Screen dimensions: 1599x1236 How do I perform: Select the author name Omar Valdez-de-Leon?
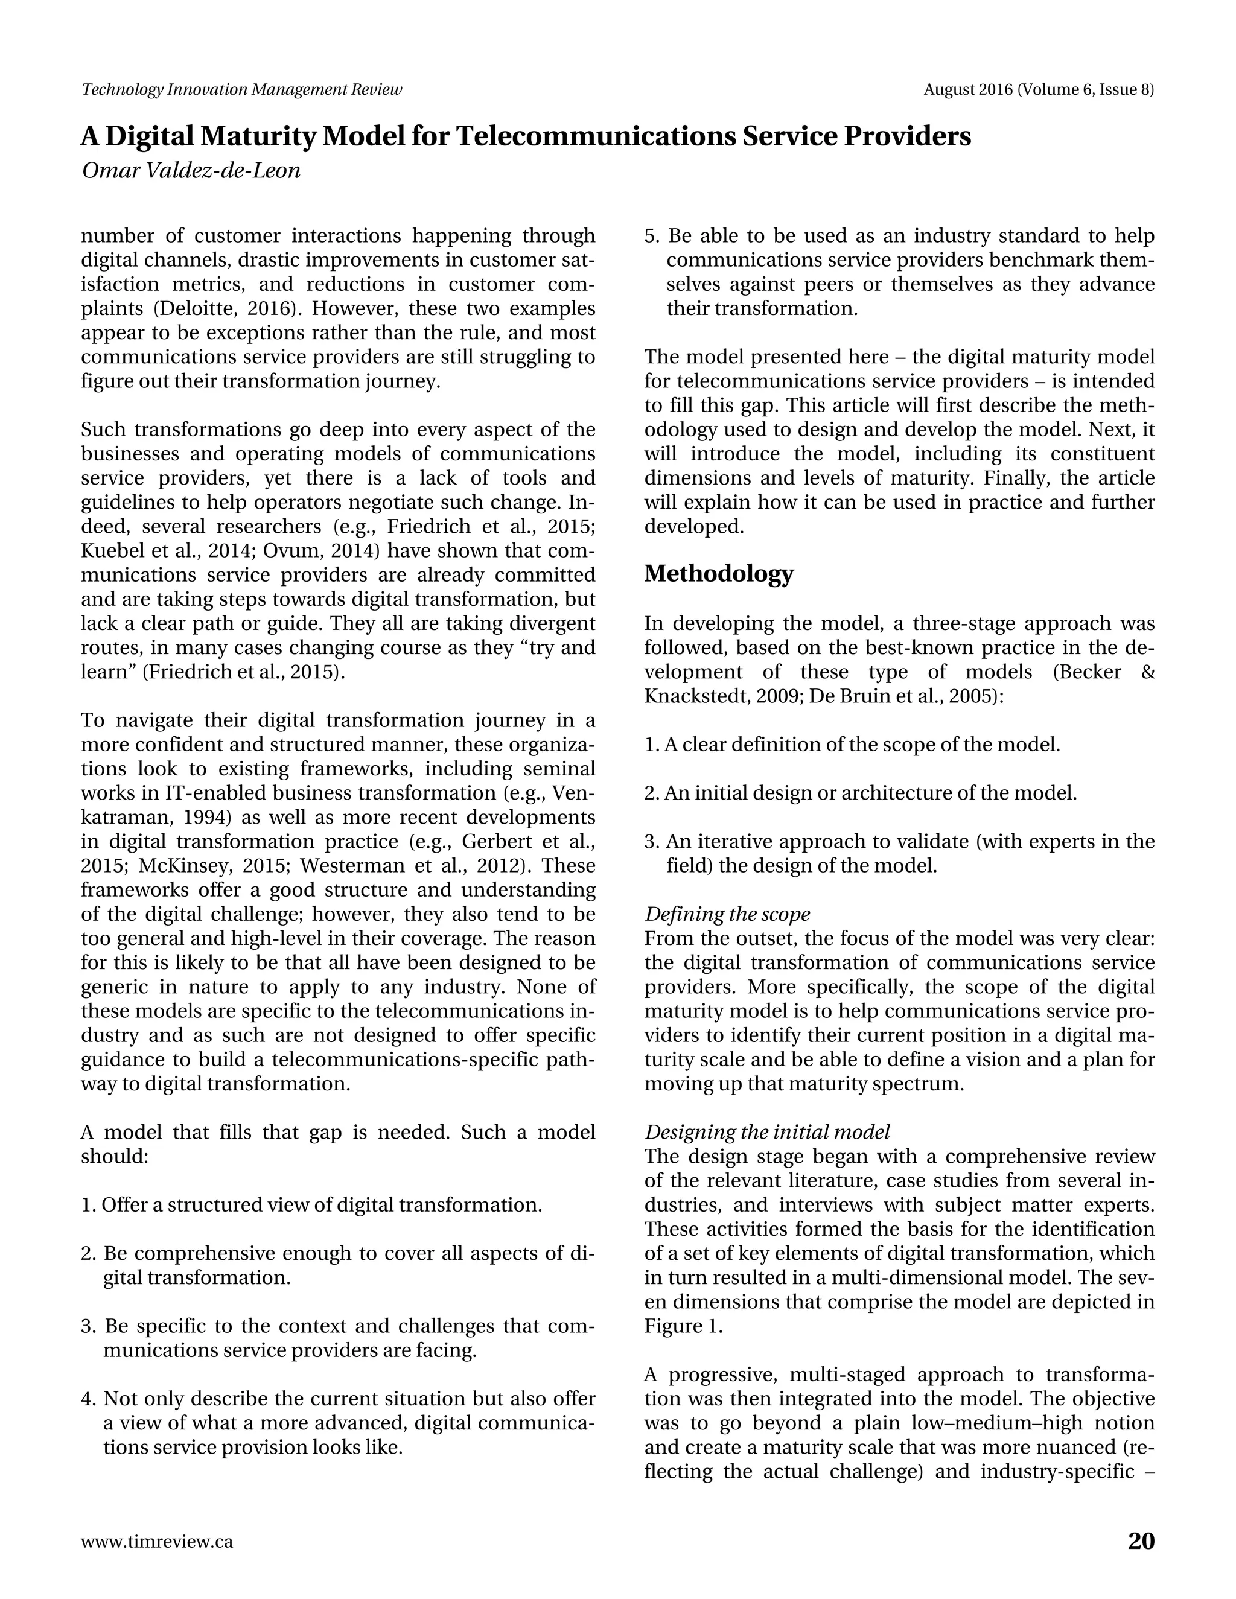pos(191,171)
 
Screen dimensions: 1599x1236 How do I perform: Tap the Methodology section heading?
pos(718,574)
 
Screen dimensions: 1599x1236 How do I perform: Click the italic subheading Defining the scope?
pos(727,914)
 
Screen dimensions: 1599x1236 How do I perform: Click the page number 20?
pos(1141,1540)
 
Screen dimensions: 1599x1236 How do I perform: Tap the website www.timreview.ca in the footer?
pos(158,1542)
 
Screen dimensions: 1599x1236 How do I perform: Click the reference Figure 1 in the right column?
pos(683,1327)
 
